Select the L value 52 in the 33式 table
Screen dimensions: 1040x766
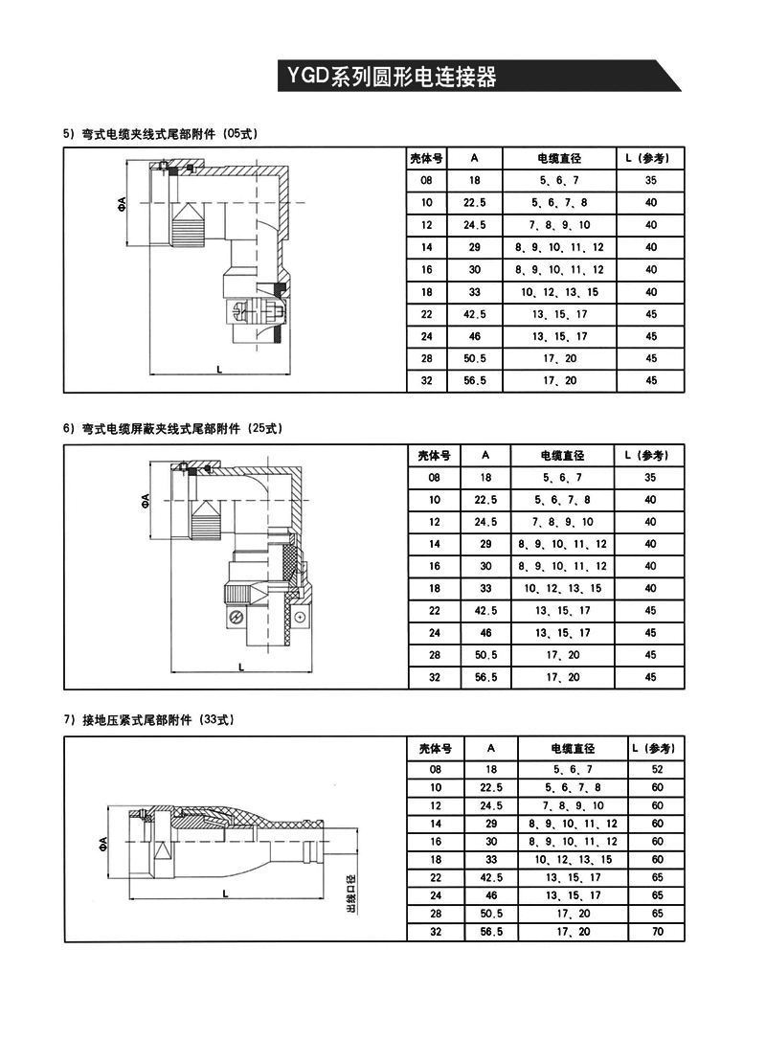656,769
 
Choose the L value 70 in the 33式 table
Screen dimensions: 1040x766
656,932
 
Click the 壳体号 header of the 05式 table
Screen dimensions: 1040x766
426,158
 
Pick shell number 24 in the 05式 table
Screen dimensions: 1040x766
426,336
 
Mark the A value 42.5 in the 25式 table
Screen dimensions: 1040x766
485,610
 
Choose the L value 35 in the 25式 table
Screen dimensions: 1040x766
651,477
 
